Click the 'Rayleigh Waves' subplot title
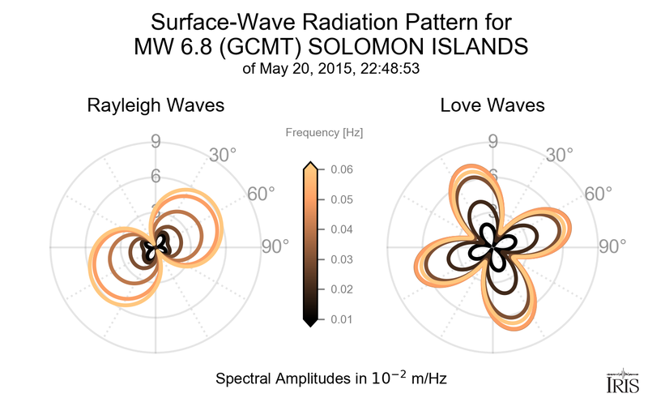156,105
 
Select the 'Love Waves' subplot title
492,105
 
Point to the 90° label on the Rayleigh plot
275,246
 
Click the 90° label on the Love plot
612,246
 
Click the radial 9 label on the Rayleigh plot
156,142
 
